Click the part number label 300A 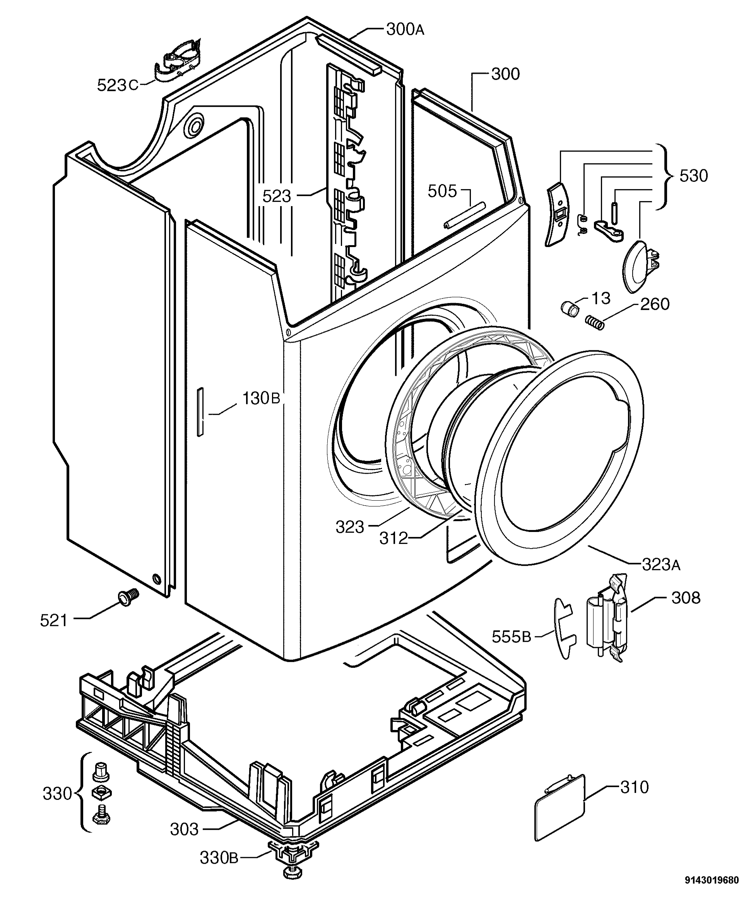pyautogui.click(x=405, y=30)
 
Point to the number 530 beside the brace pyautogui.click(x=693, y=176)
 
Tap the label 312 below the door pyautogui.click(x=393, y=538)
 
